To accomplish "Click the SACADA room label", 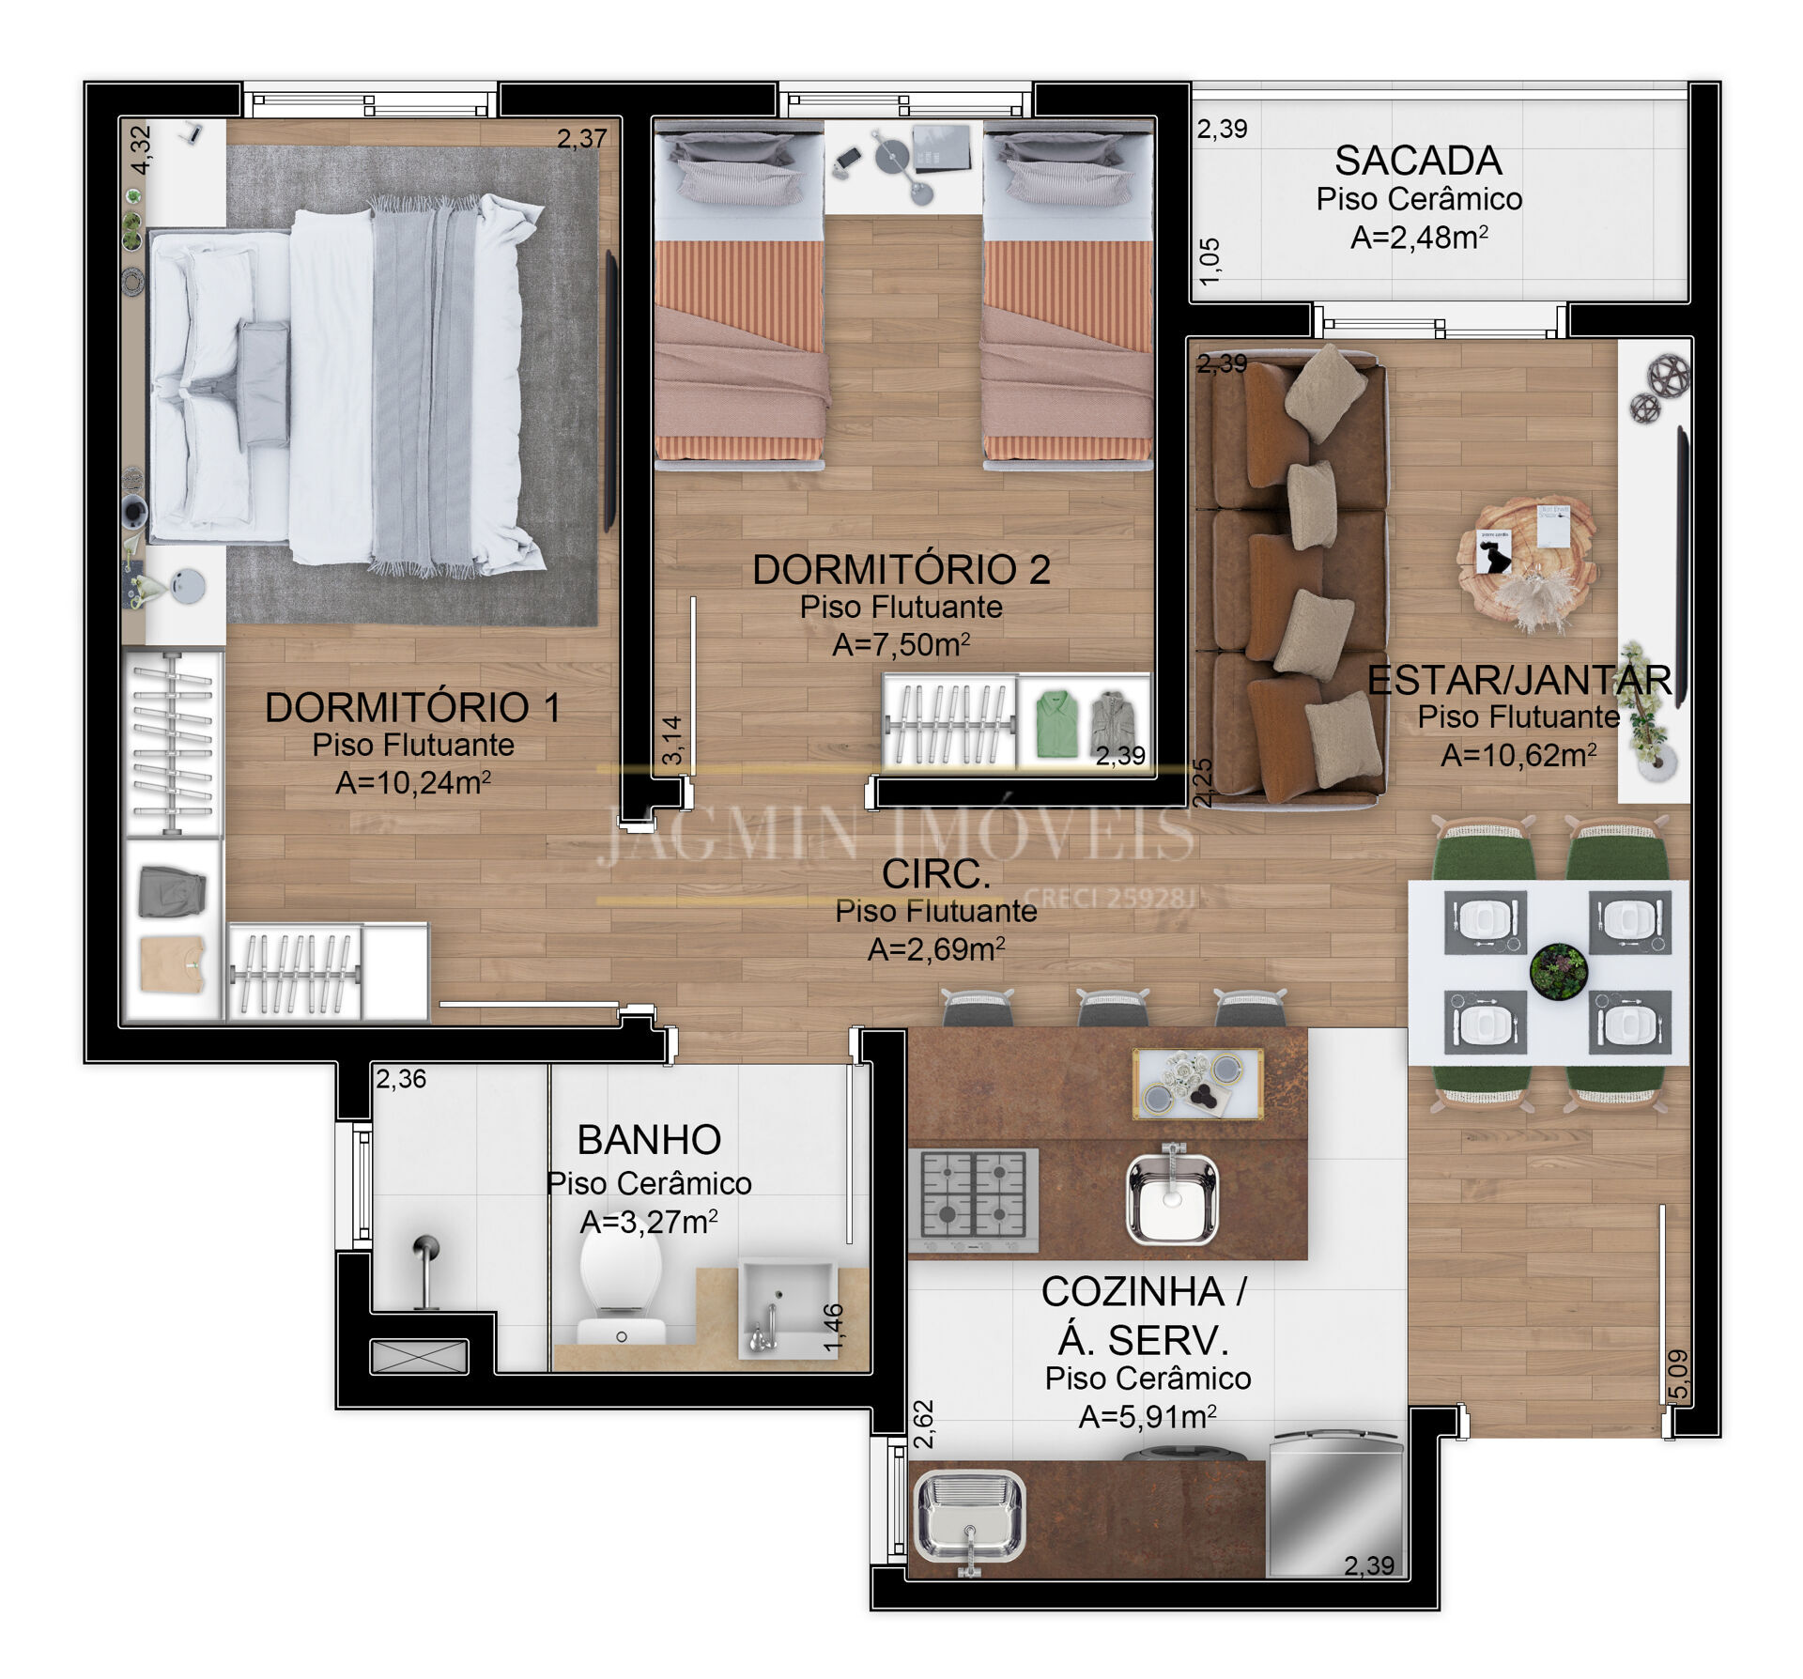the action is pos(1418,161).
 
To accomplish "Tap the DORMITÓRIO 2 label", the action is pos(901,569).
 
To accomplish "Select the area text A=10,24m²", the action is pos(413,781).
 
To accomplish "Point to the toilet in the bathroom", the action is pos(621,1288).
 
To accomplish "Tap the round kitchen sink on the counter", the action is pos(1172,1193).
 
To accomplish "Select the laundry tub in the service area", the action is pos(970,1517).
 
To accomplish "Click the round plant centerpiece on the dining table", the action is pos(1558,970).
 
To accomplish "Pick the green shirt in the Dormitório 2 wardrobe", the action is pos(1056,723).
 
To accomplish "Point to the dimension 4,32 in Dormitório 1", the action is pos(141,149).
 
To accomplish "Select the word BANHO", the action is pos(649,1140).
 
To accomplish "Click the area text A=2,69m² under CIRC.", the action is pos(936,948).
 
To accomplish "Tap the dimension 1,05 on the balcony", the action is pos(1210,261).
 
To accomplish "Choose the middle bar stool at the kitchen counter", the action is pos(1113,1007).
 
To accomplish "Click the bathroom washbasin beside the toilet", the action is pos(787,1307).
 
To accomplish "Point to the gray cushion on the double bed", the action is pos(263,384).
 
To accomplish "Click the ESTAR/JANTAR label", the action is pos(1519,680).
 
